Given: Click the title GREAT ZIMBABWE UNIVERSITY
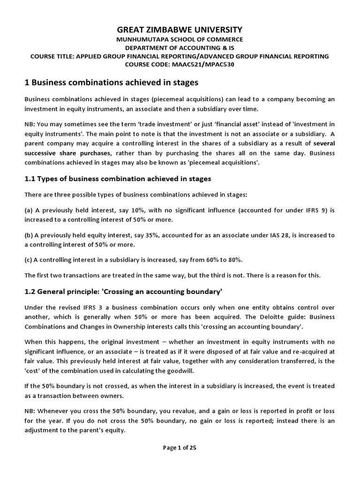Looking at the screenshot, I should tap(180, 29).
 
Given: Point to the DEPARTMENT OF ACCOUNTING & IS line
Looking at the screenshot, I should tap(180, 48).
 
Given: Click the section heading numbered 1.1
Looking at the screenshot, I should tap(118, 178).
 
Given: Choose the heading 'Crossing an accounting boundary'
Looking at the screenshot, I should tap(162, 291).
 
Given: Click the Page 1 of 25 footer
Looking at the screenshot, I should tap(180, 447).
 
